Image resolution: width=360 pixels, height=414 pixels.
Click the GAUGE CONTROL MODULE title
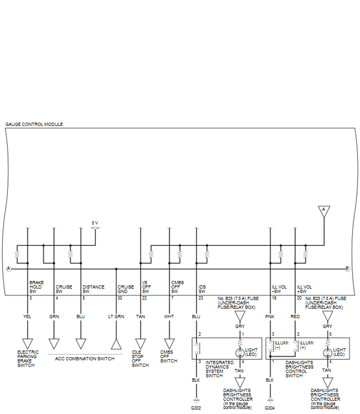click(34, 124)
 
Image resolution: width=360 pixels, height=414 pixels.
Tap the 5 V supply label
click(95, 223)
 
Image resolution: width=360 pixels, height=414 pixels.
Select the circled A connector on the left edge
click(9, 269)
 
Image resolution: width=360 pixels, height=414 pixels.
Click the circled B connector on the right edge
click(347, 269)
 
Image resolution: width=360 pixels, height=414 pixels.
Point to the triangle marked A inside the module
click(324, 211)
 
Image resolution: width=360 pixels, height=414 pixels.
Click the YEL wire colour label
click(27, 317)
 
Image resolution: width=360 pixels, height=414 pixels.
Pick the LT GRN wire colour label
click(116, 317)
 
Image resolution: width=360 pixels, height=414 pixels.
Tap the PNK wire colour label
click(270, 317)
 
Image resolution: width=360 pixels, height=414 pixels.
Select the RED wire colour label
click(295, 317)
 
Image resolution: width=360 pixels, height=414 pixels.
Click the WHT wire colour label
click(169, 317)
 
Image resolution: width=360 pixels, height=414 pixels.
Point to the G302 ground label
click(196, 408)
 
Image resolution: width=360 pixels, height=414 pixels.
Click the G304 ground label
click(270, 408)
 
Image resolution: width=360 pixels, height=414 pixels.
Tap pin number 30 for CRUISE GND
click(120, 298)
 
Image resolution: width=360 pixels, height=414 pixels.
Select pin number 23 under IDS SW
click(201, 298)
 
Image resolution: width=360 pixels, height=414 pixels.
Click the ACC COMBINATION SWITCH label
click(85, 359)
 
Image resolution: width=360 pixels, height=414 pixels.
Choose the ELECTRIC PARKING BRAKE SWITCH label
click(28, 359)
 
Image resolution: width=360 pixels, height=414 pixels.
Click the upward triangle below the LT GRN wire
click(117, 344)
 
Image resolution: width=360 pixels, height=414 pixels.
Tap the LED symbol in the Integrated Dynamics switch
click(240, 353)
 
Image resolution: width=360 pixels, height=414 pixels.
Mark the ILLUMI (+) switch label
click(306, 345)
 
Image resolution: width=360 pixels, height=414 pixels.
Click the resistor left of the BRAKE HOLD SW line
click(17, 254)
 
